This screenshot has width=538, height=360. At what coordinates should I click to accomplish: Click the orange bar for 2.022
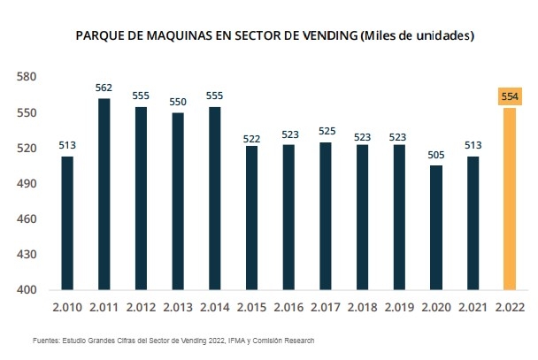[x=510, y=199]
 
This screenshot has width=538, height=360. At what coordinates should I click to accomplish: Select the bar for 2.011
[x=104, y=195]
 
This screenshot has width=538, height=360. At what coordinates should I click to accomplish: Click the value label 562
[x=104, y=88]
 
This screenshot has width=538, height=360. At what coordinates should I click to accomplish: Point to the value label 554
[x=510, y=96]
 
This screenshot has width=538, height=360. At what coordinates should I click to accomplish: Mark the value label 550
[x=178, y=102]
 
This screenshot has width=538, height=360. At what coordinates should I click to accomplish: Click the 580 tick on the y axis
[x=27, y=78]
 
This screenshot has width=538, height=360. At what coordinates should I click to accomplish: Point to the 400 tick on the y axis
[x=27, y=290]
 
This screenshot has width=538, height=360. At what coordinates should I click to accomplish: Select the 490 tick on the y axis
[x=27, y=184]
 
